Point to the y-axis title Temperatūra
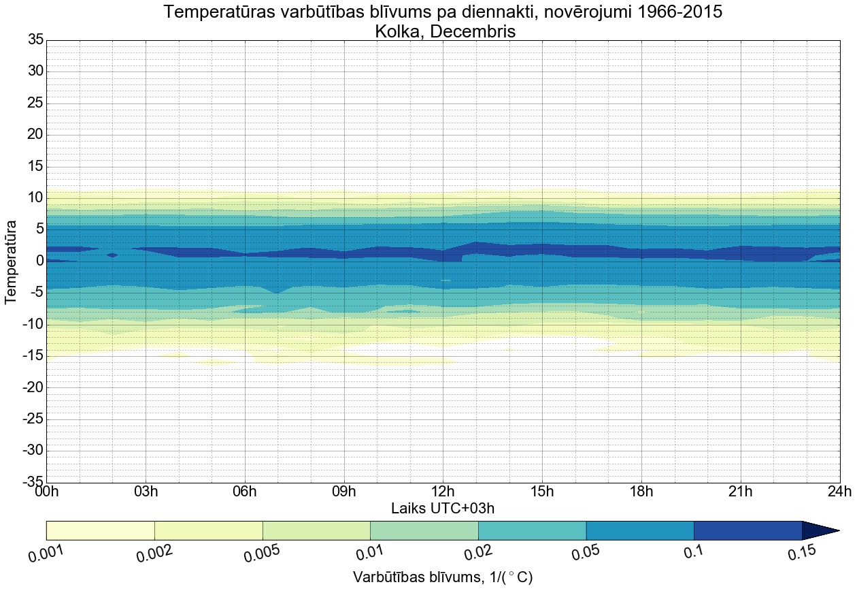point(11,261)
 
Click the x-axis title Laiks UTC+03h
point(447,508)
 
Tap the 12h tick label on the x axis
point(443,492)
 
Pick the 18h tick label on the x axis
point(641,492)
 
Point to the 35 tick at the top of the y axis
point(35,40)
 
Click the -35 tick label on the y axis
point(32,482)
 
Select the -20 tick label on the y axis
point(32,387)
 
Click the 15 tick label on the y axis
point(35,167)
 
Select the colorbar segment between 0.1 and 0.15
point(747,530)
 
